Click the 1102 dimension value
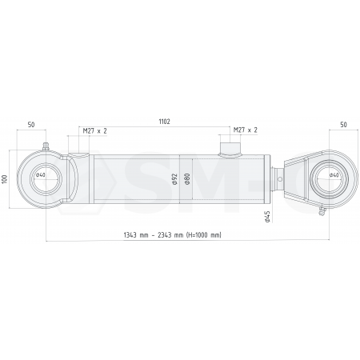pyautogui.click(x=164, y=122)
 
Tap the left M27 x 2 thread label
pyautogui.click(x=95, y=130)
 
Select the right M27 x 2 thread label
pyautogui.click(x=246, y=130)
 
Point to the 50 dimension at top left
pyautogui.click(x=31, y=125)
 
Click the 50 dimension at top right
pyautogui.click(x=344, y=125)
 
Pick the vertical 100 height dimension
pyautogui.click(x=4, y=179)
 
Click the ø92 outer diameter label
pyautogui.click(x=175, y=179)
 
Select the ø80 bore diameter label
pyautogui.click(x=187, y=179)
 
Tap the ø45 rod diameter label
pyautogui.click(x=267, y=217)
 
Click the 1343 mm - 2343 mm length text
pyautogui.click(x=173, y=235)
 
